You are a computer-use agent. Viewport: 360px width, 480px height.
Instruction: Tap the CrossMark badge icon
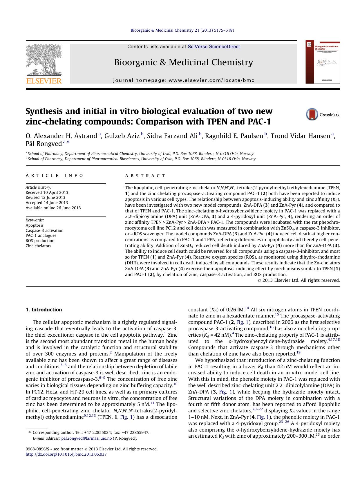(312, 115)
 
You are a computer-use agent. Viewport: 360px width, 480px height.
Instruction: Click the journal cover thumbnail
(322, 62)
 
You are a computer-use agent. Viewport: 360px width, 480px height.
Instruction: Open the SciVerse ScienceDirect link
(214, 46)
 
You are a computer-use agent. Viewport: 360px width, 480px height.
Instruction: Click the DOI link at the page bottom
(66, 454)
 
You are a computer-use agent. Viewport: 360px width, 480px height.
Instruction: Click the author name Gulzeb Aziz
(122, 136)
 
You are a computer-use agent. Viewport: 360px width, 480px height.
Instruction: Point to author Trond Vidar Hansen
(301, 136)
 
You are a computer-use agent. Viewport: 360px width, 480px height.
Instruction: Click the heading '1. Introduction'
(44, 310)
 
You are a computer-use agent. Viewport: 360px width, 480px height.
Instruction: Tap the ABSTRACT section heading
(145, 176)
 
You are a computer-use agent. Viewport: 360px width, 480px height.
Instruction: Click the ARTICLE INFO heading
(54, 176)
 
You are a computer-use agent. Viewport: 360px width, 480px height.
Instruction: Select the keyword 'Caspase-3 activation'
(44, 230)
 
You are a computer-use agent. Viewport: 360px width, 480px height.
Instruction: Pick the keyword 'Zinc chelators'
(38, 246)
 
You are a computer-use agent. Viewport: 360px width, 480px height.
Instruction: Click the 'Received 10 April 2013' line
(47, 192)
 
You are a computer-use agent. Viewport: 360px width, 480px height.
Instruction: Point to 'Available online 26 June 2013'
(53, 208)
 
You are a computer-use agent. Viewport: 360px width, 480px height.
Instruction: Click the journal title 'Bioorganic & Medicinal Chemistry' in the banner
(183, 62)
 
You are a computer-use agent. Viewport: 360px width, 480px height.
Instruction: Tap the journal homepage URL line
(184, 80)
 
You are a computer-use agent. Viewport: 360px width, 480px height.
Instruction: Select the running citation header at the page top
(183, 30)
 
